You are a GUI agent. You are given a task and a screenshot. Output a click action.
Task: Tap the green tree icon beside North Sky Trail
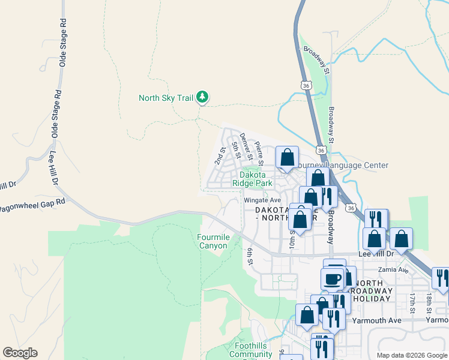pos(203,97)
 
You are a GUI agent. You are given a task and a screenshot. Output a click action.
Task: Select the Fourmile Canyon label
pos(212,241)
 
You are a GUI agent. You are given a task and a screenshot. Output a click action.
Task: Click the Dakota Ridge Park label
pos(257,179)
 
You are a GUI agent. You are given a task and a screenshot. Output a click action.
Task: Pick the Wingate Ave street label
pos(262,200)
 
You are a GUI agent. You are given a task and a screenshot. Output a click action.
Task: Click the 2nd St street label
pos(220,155)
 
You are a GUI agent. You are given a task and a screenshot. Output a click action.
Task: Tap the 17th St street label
pos(413,301)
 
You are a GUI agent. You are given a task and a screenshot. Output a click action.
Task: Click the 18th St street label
pos(429,301)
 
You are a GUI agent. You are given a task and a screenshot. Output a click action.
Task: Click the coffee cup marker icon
pos(333,278)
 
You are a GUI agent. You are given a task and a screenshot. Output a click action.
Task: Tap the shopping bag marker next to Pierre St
pos(288,157)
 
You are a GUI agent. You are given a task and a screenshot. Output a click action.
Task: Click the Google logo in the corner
pos(20,353)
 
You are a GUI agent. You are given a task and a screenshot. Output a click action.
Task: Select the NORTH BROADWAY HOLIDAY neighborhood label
pos(373,290)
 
